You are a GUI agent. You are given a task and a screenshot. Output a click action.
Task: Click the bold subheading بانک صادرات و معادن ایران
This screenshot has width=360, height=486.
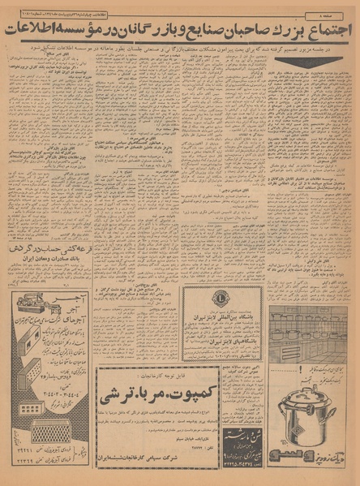pyautogui.click(x=53, y=264)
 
